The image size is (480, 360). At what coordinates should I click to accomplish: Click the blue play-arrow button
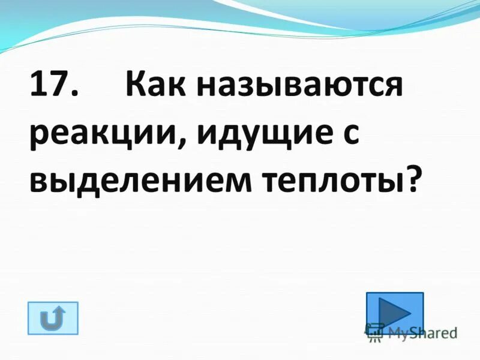pos(394,312)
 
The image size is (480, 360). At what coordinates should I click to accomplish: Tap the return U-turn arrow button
pos(53,318)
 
